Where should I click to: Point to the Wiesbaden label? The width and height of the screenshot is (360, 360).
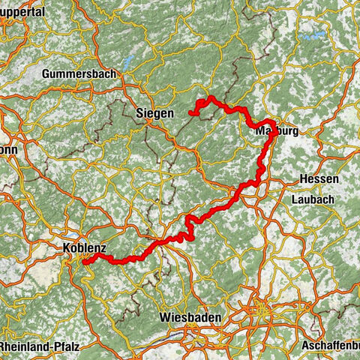point(190,318)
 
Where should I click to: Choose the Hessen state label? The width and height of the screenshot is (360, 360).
point(319,180)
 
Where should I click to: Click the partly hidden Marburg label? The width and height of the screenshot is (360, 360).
point(277,130)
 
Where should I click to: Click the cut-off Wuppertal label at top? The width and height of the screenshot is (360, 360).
point(22,12)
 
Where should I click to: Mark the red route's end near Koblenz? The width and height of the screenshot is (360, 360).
point(84,262)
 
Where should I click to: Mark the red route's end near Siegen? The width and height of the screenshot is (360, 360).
point(191,114)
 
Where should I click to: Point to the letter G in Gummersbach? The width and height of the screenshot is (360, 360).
point(47,74)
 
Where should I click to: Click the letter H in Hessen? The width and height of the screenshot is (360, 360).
point(303,180)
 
